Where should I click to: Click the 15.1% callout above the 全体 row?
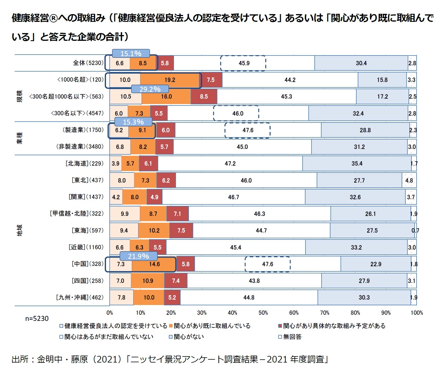[131, 53]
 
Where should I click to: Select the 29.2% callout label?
[150, 89]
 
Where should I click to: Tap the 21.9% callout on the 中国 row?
[138, 256]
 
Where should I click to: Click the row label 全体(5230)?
[88, 63]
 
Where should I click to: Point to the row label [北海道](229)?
[84, 164]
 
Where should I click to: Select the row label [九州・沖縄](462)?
[80, 298]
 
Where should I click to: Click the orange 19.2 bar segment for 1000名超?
[170, 80]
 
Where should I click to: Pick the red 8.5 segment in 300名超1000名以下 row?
[204, 97]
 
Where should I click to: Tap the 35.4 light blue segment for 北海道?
[357, 164]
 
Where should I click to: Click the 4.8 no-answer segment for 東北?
[409, 180]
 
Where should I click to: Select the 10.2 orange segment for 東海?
[154, 231]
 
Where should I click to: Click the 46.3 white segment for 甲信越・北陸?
[260, 214]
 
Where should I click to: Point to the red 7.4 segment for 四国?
[176, 281]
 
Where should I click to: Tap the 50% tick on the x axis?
[263, 313]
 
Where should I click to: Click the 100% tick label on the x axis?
[417, 313]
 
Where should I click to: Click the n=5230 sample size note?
[37, 319]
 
